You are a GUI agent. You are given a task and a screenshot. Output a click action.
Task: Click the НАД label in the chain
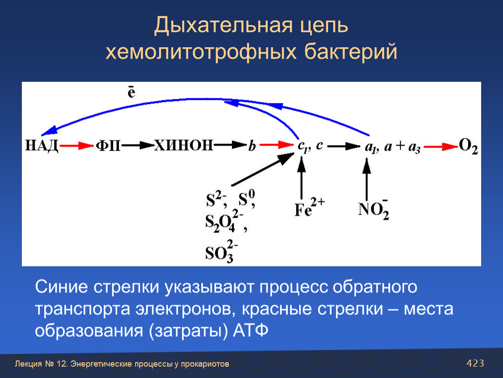42,146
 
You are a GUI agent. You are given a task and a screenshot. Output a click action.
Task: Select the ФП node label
108,146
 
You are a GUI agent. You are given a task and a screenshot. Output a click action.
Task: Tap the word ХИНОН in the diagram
184,145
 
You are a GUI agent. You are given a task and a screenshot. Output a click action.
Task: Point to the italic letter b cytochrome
252,146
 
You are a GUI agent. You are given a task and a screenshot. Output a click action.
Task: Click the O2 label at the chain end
468,146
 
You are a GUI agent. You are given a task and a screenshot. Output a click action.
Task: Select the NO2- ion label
374,210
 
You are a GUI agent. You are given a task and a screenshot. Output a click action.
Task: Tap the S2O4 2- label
226,221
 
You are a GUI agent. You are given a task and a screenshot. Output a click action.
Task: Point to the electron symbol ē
132,92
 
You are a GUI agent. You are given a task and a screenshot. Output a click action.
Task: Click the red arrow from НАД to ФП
77,146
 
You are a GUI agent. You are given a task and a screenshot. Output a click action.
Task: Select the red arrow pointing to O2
441,147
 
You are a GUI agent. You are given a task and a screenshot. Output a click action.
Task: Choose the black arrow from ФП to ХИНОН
138,146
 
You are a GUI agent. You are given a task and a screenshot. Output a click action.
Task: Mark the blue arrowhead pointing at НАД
49,131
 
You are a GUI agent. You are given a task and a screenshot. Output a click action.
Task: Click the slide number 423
475,363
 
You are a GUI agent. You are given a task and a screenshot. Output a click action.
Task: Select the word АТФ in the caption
251,330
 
